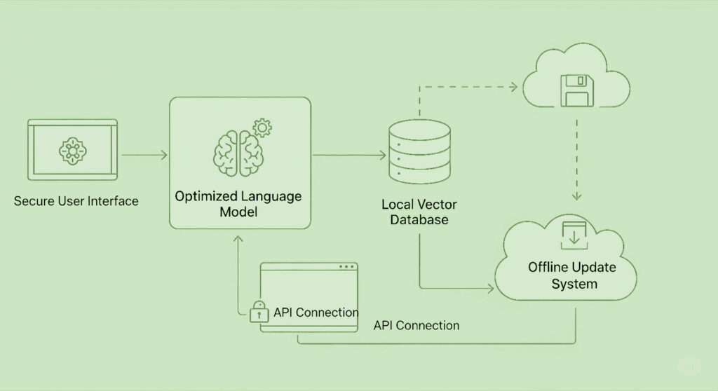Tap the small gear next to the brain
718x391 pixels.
tap(263, 128)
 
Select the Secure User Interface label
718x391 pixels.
tap(76, 202)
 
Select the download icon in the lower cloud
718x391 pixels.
tap(574, 236)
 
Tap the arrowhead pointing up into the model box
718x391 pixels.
tap(241, 239)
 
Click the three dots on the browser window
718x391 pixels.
tap(346, 267)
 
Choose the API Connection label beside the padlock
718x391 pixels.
tap(316, 313)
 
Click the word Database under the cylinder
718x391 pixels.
tap(418, 220)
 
